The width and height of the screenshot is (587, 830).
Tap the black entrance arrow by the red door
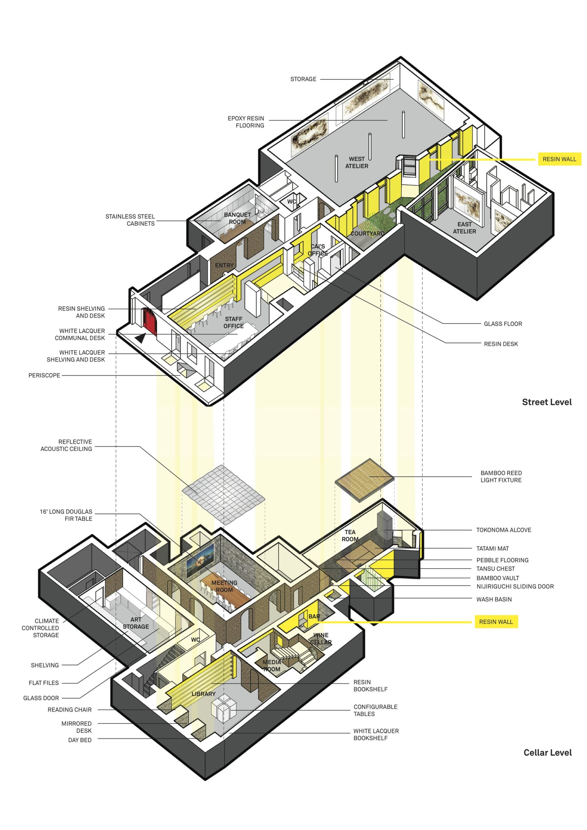pos(141,338)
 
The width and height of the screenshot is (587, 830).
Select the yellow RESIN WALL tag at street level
pos(559,159)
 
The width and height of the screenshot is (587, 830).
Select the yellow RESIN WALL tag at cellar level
pos(496,622)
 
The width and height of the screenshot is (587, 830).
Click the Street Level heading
pos(546,402)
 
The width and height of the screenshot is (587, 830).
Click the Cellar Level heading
pos(547,753)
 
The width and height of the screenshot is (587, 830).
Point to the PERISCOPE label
pos(44,375)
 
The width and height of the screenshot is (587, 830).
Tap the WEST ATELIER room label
pos(357,162)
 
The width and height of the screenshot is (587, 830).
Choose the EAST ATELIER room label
pos(464,228)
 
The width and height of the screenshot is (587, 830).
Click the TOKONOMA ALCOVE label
pos(503,530)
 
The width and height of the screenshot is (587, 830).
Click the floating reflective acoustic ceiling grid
pos(223,494)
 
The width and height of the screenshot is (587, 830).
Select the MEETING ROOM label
pos(224,586)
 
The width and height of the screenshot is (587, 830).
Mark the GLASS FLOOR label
pos(503,324)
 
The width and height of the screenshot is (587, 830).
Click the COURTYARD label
pos(367,233)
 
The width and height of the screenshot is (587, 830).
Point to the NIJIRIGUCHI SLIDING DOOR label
pos(515,587)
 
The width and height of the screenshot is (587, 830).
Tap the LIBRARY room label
pos(204,694)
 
